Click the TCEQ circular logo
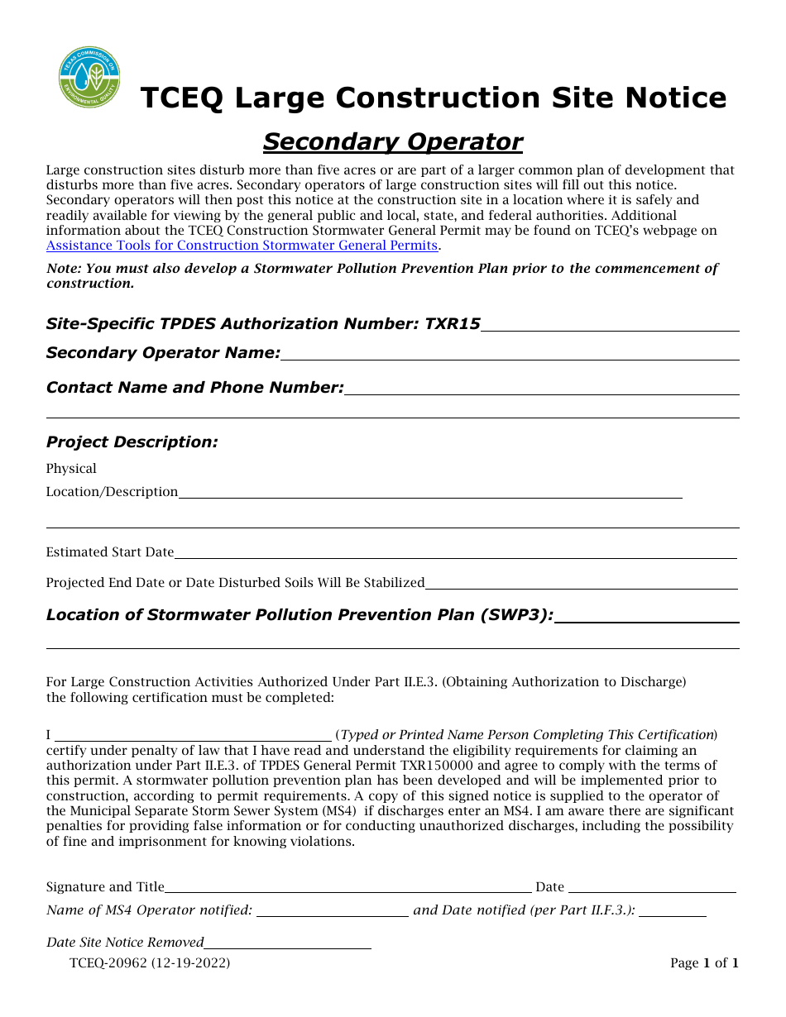point(89,77)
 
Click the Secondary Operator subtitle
point(392,142)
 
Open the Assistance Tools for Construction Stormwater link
point(242,246)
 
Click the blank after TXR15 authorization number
point(610,326)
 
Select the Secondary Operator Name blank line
point(510,355)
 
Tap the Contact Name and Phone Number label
point(194,388)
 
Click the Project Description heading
point(132,442)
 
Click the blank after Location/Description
point(430,494)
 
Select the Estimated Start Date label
point(110,552)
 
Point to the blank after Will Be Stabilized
point(581,584)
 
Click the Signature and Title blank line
point(347,889)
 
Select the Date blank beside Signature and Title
point(652,889)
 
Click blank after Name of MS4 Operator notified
point(333,912)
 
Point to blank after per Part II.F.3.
point(673,912)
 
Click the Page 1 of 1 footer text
point(704,963)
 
